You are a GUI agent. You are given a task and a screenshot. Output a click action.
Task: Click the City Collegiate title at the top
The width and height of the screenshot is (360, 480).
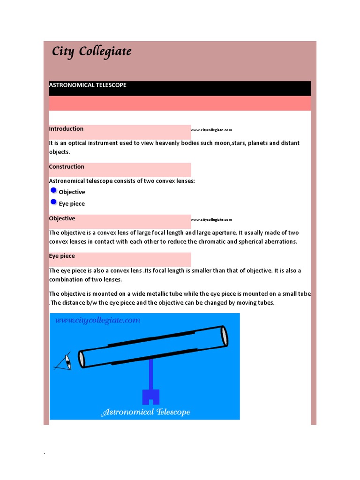click(91, 51)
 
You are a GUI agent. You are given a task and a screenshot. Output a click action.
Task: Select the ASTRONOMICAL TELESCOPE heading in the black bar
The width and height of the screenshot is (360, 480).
click(88, 85)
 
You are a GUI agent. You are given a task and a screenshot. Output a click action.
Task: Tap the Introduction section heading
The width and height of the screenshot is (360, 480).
click(66, 129)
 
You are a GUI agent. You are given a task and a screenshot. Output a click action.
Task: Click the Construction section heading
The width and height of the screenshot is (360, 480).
click(67, 167)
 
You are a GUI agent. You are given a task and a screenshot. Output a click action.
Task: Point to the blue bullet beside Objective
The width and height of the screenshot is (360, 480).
click(53, 190)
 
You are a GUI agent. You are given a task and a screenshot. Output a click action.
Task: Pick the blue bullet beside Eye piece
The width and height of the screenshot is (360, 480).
click(53, 202)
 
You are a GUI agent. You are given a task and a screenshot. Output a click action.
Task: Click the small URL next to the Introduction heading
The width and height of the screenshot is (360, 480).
click(211, 130)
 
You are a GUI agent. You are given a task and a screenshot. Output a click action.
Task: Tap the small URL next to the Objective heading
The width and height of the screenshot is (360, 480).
click(211, 219)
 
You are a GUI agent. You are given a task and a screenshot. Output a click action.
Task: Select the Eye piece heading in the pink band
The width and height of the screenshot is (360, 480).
click(62, 256)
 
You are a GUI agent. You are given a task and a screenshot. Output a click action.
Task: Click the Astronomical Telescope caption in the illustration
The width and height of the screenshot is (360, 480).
click(146, 412)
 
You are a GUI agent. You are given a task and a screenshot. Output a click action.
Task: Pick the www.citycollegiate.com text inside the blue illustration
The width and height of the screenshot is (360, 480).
click(97, 321)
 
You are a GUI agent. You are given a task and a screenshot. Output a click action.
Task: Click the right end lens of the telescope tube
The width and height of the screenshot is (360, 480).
click(225, 336)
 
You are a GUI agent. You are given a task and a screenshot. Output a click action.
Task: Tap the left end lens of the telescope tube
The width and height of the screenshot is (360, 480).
click(82, 359)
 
